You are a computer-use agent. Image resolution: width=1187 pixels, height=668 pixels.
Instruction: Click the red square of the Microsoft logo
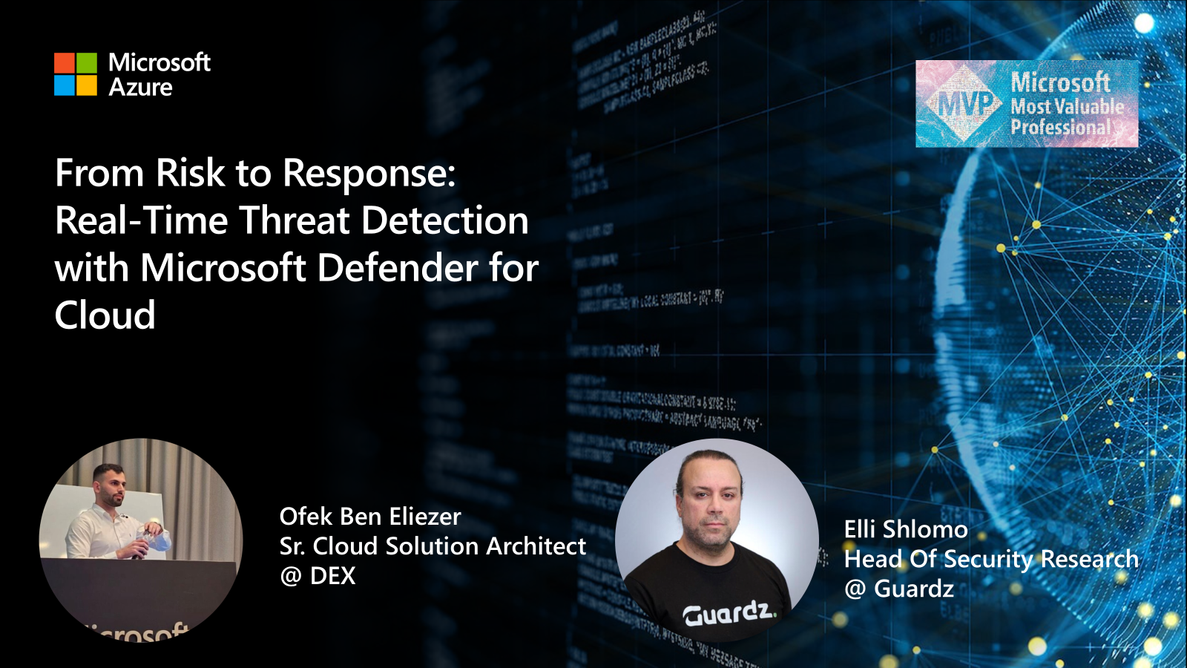(x=65, y=62)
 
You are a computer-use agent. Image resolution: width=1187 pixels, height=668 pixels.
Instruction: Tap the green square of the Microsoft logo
(x=87, y=62)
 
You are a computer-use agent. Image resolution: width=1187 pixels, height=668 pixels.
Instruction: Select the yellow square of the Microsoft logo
(x=87, y=85)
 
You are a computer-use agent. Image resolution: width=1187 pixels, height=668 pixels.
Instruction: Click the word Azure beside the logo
(x=140, y=88)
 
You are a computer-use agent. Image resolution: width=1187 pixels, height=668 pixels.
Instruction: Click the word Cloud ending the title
(x=105, y=315)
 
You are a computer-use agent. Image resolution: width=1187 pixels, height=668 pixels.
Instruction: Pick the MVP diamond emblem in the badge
(x=964, y=104)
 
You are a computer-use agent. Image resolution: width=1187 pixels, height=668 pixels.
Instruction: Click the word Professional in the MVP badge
(x=1060, y=128)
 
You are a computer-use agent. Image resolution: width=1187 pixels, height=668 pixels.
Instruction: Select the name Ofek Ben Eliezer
(x=370, y=517)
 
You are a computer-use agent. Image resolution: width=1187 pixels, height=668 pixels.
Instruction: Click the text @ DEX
(x=318, y=576)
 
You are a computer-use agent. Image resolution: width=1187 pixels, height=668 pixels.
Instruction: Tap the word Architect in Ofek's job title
(x=536, y=546)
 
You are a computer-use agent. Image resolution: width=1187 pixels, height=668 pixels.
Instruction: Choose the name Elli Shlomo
(x=906, y=529)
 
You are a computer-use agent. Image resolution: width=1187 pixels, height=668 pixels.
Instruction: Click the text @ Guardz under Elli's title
(x=899, y=589)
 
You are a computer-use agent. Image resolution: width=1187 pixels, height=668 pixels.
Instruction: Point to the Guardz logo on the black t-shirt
(x=729, y=613)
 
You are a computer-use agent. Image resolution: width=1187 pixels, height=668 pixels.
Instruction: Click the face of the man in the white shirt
(x=110, y=486)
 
